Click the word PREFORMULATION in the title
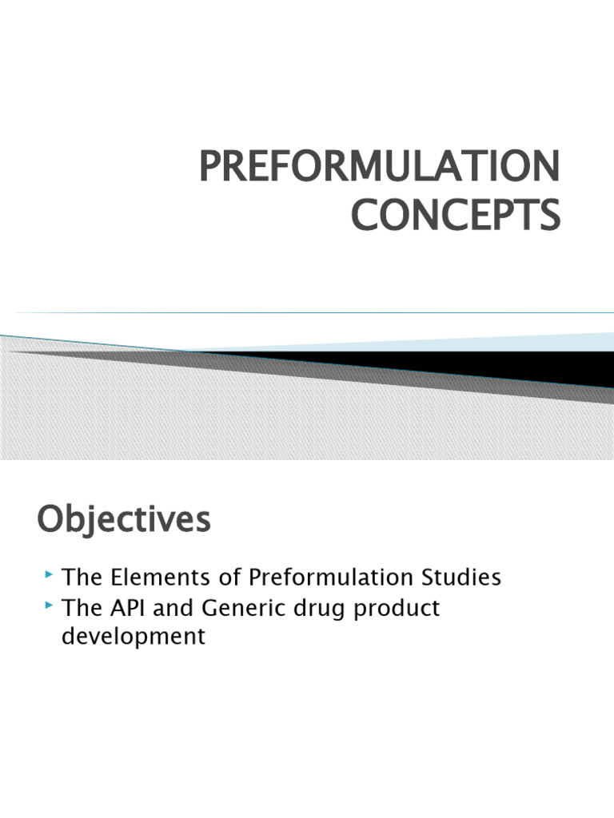pyautogui.click(x=379, y=165)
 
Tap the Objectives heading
pyautogui.click(x=124, y=520)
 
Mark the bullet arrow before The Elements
pyautogui.click(x=50, y=574)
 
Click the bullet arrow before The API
pyautogui.click(x=50, y=606)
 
